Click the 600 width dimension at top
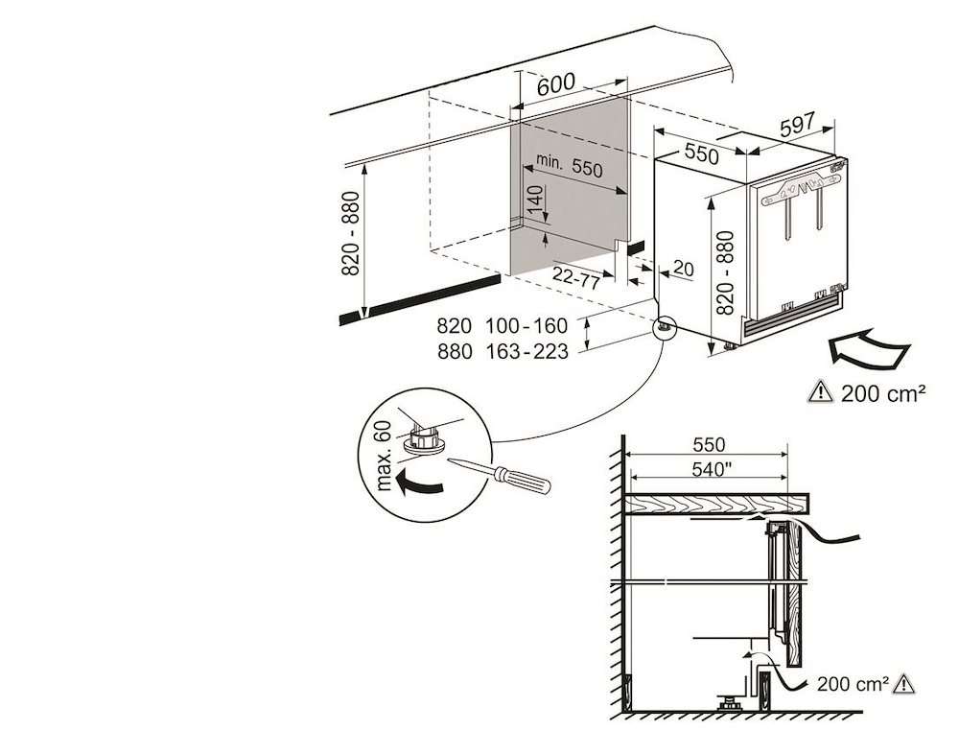(x=556, y=84)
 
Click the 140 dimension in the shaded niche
(x=536, y=203)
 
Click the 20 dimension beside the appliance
(x=683, y=269)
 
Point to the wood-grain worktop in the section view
(x=719, y=503)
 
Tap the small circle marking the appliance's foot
(x=663, y=329)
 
